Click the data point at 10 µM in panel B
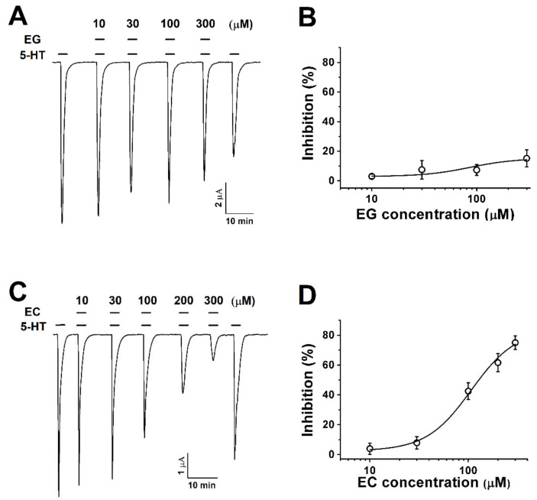372,177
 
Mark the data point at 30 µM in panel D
416,443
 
